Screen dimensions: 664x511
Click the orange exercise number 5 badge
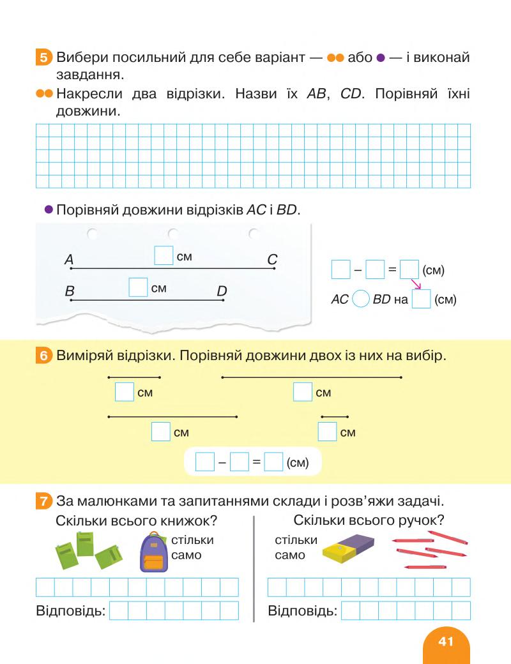(x=43, y=58)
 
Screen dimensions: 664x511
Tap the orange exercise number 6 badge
(x=43, y=356)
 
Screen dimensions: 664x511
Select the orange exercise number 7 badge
(x=43, y=501)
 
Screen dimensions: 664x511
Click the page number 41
(x=446, y=641)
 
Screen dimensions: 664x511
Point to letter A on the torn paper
(x=69, y=260)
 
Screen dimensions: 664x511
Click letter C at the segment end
(x=272, y=260)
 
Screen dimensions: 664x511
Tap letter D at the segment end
(x=222, y=292)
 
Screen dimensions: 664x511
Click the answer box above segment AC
(x=164, y=255)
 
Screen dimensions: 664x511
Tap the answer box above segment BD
(x=138, y=287)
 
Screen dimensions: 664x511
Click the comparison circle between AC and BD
(x=361, y=299)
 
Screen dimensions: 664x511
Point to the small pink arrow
(x=415, y=282)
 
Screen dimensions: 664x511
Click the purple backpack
(x=153, y=553)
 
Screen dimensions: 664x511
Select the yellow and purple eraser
(x=348, y=547)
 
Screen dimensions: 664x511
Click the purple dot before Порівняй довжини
(x=48, y=209)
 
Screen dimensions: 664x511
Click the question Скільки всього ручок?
(x=369, y=520)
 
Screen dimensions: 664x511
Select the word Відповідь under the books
(x=70, y=611)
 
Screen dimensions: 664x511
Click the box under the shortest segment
(x=327, y=432)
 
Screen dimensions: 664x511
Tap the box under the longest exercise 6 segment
(x=302, y=391)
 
